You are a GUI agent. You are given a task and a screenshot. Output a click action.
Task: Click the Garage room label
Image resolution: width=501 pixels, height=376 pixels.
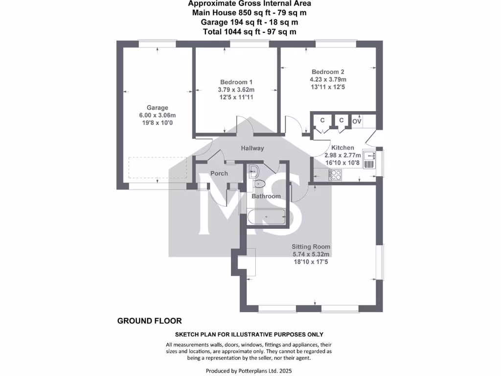158,108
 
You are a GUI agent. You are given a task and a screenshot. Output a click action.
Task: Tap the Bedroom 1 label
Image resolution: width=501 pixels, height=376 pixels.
236,82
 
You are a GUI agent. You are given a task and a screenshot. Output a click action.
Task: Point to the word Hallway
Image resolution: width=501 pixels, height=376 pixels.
252,148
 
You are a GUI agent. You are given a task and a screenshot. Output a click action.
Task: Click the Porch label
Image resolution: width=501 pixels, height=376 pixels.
219,173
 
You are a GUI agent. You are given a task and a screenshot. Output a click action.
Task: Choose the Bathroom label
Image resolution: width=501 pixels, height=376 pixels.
266,196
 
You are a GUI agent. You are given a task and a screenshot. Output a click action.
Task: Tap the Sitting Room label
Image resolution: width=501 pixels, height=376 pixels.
311,247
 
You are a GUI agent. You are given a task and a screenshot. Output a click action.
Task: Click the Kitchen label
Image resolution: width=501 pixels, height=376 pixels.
342,147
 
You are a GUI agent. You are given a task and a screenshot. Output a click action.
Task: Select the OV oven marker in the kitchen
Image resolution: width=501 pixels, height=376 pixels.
357,121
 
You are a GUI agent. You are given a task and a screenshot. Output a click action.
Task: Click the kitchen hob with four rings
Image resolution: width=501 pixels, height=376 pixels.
336,174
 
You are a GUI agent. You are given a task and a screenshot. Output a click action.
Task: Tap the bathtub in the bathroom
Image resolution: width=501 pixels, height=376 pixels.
267,216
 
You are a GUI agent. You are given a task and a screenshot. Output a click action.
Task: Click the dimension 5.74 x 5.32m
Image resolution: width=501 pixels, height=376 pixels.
311,254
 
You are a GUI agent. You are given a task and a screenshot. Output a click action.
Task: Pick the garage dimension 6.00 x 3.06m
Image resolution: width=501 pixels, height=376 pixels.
158,115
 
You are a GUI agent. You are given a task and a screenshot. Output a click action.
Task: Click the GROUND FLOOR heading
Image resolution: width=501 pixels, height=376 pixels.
149,321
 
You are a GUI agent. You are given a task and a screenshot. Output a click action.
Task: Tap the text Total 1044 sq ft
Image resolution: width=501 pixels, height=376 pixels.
250,32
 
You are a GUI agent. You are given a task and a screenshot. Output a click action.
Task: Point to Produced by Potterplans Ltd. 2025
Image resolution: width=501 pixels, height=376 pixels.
250,371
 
